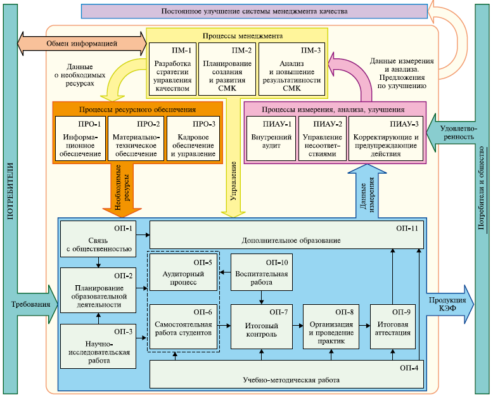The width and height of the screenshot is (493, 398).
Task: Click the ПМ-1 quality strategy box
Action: pyautogui.click(x=172, y=67)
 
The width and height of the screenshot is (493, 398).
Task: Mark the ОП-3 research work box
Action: pyautogui.click(x=98, y=346)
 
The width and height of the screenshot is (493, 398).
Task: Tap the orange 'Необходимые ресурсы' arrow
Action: pyautogui.click(x=122, y=190)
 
